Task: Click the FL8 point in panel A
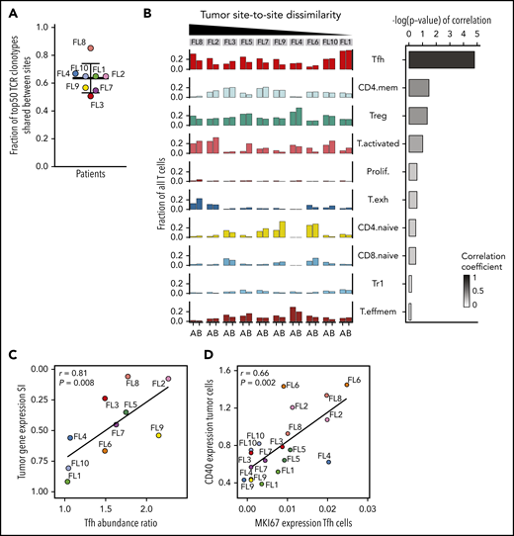pos(90,47)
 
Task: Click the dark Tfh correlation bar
pos(441,59)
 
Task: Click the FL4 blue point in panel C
pos(70,437)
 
